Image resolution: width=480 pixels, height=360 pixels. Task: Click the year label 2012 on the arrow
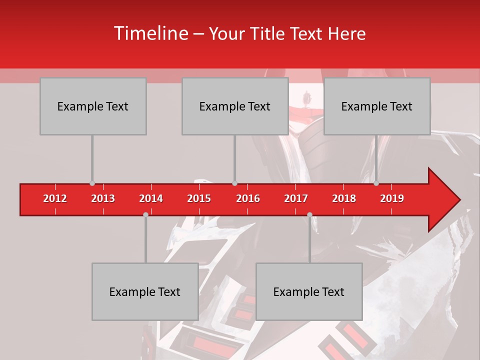55,198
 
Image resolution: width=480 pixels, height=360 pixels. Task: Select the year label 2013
103,198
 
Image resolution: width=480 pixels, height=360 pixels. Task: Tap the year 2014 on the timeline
151,198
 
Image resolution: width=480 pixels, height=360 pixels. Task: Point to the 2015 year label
199,198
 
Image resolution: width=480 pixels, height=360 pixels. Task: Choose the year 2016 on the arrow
248,198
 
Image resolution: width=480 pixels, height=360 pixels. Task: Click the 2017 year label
296,198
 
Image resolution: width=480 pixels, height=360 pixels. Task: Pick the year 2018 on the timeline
344,198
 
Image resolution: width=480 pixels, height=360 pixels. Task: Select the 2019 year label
392,198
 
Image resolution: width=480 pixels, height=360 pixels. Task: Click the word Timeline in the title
150,33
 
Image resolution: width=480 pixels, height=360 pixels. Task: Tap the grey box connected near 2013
93,106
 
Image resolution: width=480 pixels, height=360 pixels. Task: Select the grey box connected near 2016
235,106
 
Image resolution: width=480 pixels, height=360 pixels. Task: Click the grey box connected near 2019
377,106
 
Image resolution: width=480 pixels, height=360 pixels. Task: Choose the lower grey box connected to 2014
145,291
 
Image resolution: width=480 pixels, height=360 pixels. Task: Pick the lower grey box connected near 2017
309,291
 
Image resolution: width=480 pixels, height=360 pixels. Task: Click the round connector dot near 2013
92,183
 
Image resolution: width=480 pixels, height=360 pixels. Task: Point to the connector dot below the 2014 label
145,214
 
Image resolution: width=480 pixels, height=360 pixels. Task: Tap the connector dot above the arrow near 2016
235,183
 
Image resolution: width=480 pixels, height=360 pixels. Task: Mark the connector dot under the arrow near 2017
309,214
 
